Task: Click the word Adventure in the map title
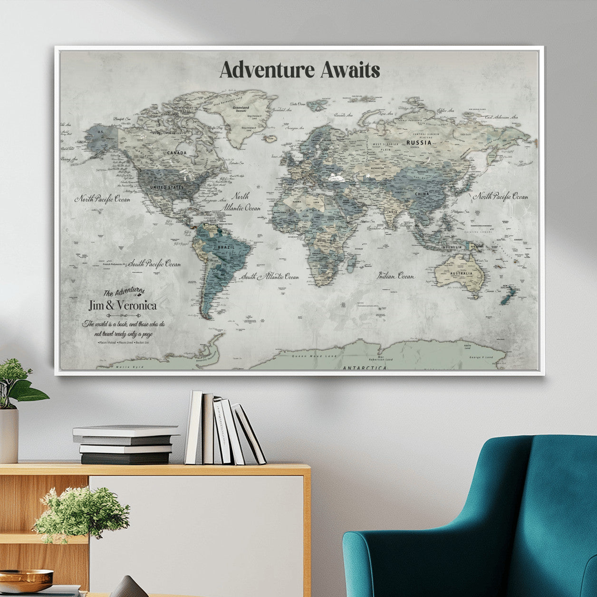(x=267, y=70)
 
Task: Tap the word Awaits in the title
(x=350, y=70)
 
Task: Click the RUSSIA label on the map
(x=419, y=142)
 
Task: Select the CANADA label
(x=176, y=153)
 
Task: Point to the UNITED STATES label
(x=166, y=187)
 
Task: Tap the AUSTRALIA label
(x=462, y=274)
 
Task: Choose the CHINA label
(x=422, y=194)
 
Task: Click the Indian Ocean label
(x=396, y=276)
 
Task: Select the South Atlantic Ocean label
(x=270, y=277)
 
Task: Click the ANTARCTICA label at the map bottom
(x=365, y=368)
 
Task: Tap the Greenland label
(x=241, y=108)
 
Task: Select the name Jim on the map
(x=97, y=306)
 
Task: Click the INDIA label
(x=392, y=212)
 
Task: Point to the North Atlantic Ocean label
(x=246, y=202)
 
